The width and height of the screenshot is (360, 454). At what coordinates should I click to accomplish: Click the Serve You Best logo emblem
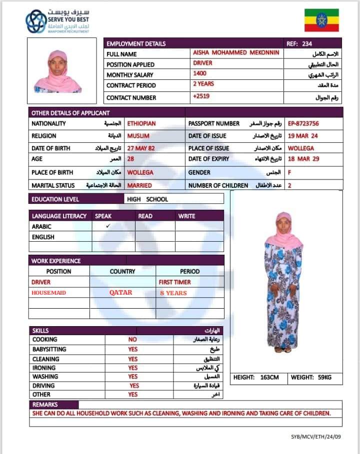point(35,21)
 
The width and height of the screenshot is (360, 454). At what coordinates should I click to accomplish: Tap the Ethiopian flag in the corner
point(321,20)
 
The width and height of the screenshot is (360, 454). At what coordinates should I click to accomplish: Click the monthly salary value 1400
point(199,74)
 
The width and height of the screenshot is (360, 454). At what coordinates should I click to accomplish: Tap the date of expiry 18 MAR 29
point(303,159)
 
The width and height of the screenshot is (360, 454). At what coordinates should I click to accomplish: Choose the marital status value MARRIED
point(139,185)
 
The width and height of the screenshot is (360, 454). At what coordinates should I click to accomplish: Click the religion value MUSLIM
point(138,136)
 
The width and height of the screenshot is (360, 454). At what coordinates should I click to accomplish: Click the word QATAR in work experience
point(121,293)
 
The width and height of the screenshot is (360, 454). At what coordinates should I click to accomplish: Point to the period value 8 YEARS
point(173,293)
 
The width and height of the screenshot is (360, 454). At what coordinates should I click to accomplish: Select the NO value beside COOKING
point(132,340)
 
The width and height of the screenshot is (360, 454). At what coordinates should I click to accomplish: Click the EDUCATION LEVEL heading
point(55,199)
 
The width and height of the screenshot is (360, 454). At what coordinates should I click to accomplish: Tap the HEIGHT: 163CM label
point(256,377)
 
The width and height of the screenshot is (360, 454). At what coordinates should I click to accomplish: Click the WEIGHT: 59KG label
point(311,377)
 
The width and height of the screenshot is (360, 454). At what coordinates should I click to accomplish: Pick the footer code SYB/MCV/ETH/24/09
point(316,437)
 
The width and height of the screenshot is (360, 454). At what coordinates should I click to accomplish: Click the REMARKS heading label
point(45,405)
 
